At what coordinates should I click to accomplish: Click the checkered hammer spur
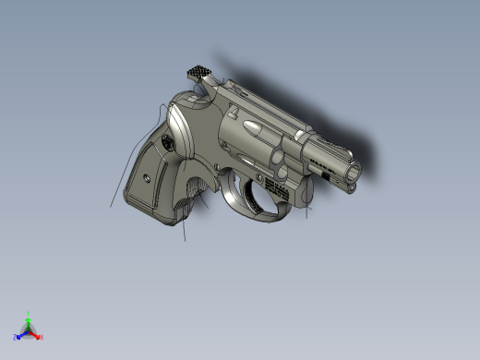[x=200, y=71]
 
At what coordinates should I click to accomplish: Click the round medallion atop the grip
[x=167, y=143]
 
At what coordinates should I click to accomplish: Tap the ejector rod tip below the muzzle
[x=351, y=187]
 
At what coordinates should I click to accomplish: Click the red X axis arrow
[x=37, y=335]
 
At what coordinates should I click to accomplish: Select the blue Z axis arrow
[x=21, y=334]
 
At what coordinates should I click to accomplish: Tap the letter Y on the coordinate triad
[x=29, y=313]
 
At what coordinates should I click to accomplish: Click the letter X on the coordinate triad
[x=42, y=337]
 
